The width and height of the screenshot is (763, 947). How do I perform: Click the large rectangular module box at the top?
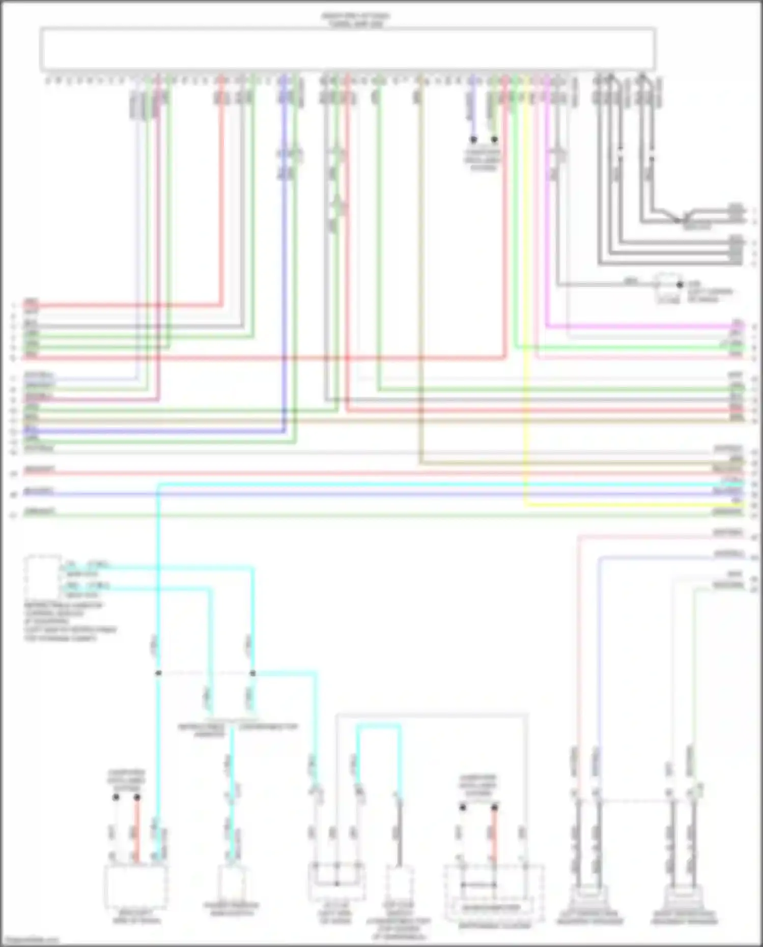point(348,49)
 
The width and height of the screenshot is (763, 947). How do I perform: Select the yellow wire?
point(526,305)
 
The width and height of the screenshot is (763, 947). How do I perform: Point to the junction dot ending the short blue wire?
point(473,139)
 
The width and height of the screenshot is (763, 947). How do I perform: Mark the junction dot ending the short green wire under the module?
point(494,139)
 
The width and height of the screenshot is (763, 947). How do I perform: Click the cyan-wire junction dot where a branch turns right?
point(252,673)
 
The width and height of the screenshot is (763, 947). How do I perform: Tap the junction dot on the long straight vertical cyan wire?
point(158,673)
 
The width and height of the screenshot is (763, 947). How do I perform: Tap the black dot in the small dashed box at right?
point(679,285)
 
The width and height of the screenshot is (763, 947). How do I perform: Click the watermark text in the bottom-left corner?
point(30,941)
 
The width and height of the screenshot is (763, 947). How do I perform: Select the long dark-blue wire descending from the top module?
point(284,254)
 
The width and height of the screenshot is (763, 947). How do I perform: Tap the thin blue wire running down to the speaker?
point(599,662)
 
